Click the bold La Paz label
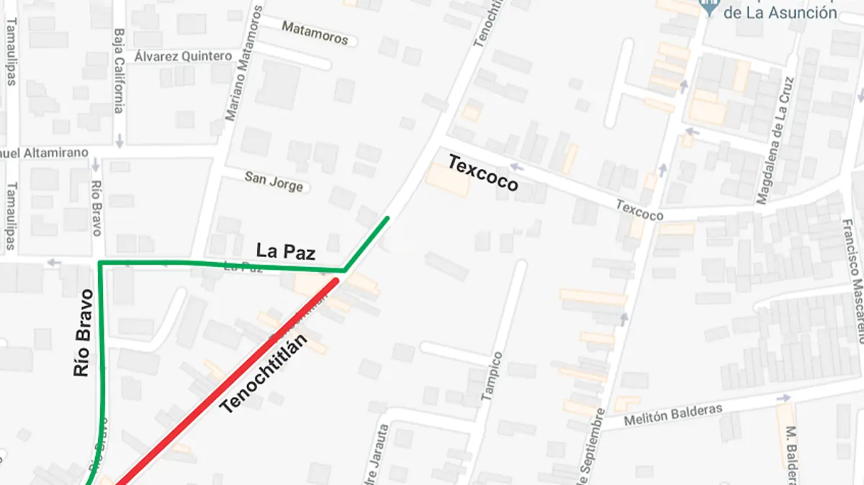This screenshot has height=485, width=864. tap(286, 251)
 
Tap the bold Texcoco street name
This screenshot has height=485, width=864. tap(482, 173)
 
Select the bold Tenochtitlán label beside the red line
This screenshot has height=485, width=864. tap(264, 373)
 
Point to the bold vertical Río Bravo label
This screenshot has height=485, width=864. tap(84, 334)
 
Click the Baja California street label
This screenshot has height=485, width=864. tap(120, 71)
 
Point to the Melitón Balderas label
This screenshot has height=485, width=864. tap(663, 413)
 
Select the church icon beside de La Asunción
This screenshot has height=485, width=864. tap(709, 8)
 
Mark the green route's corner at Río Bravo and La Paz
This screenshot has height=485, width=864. tap(99, 263)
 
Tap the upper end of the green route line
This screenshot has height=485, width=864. tap(387, 217)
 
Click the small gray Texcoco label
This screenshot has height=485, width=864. tap(639, 210)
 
